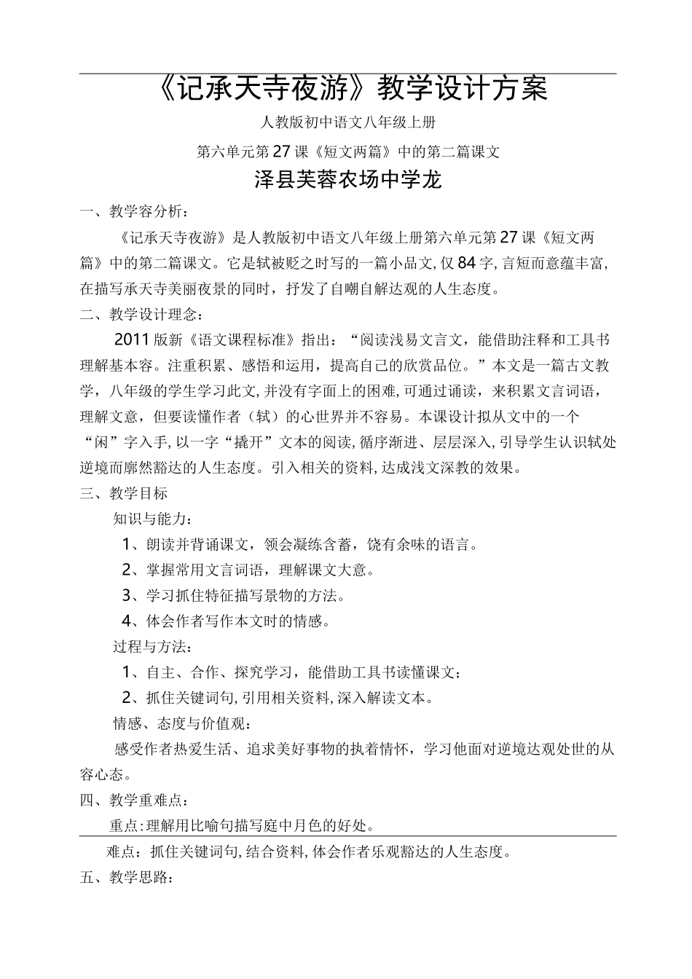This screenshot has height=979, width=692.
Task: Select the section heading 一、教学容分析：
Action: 134,212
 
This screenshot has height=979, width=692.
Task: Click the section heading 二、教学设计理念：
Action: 141,315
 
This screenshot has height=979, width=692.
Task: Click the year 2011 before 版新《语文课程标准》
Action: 132,340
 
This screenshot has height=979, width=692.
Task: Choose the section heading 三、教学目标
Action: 124,493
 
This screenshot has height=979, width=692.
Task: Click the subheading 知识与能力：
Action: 154,519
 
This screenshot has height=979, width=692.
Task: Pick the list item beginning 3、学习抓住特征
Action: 233,595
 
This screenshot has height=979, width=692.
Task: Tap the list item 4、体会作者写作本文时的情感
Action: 226,621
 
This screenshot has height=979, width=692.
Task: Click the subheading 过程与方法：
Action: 154,646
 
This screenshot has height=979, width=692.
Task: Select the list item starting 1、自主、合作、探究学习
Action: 291,672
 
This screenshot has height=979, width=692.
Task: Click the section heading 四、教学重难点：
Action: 134,800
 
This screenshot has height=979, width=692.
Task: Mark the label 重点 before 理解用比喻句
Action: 125,825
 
